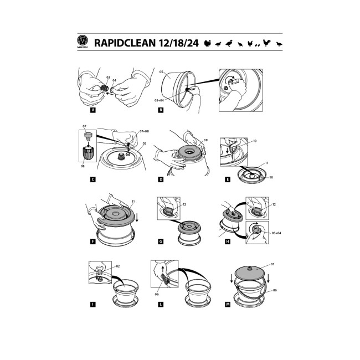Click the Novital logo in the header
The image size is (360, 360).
[x=83, y=42]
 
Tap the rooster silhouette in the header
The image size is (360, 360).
[x=266, y=43]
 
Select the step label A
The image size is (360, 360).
[x=92, y=110]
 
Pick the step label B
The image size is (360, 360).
[x=161, y=110]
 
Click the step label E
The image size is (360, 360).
[x=228, y=179]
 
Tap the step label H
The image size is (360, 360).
[x=228, y=241]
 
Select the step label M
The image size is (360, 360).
[x=228, y=305]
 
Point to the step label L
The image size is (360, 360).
[x=161, y=305]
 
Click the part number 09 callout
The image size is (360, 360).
[x=205, y=140]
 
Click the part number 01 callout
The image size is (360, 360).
[x=272, y=264]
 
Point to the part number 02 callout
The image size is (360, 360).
[x=118, y=266]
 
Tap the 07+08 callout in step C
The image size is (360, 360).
[x=144, y=131]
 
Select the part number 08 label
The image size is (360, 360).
[x=83, y=166]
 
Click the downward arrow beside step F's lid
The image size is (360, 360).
[x=137, y=217]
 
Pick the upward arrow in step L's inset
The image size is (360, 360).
[x=163, y=270]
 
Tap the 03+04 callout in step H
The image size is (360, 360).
[x=276, y=233]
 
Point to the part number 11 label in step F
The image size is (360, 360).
[x=133, y=202]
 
